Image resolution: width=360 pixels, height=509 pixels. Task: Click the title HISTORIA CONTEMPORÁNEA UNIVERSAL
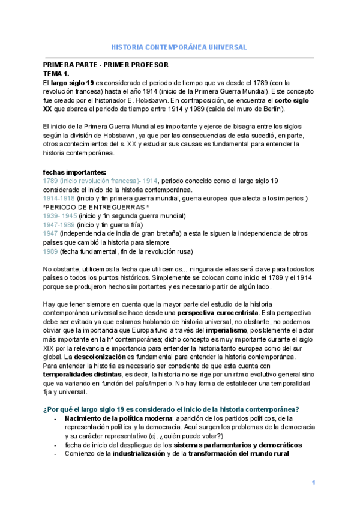[180, 47]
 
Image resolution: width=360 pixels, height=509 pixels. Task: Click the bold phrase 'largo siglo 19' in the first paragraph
[73, 82]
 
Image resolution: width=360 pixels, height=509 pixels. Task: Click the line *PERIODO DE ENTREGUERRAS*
[97, 208]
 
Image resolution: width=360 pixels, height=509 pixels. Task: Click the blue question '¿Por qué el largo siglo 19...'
[172, 409]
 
